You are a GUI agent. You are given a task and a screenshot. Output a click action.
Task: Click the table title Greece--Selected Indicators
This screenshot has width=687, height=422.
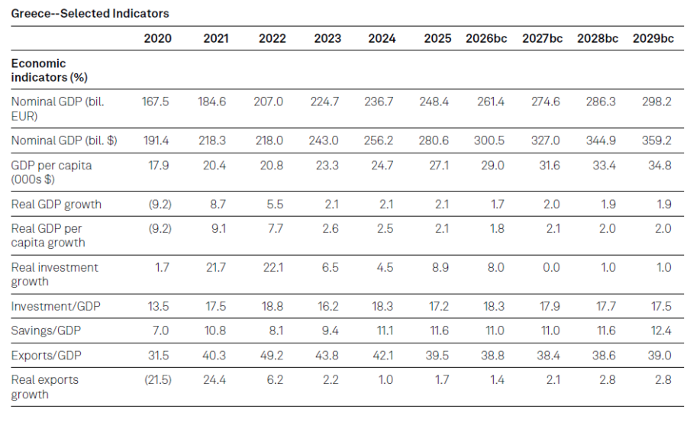(x=90, y=13)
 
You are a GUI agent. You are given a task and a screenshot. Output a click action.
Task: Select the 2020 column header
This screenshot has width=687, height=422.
(x=158, y=38)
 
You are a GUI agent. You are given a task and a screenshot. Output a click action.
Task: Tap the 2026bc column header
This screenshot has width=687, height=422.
(x=485, y=38)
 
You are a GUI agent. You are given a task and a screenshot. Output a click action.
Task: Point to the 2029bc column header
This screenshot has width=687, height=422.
(x=653, y=38)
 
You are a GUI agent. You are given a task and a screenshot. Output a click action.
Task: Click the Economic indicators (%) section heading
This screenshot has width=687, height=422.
(x=49, y=70)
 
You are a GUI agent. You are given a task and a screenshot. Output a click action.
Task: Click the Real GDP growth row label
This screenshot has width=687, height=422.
(x=56, y=204)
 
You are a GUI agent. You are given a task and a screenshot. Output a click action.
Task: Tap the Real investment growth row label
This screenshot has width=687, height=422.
(x=54, y=274)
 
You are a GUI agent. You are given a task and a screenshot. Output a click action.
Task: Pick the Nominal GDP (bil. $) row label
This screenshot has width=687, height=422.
(x=65, y=140)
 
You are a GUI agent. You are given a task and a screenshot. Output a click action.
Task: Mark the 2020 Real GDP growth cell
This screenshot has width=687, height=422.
(x=158, y=204)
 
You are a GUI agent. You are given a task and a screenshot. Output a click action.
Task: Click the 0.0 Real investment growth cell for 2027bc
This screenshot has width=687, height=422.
(x=550, y=267)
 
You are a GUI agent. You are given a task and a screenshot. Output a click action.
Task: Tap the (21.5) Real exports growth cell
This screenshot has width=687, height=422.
(x=156, y=379)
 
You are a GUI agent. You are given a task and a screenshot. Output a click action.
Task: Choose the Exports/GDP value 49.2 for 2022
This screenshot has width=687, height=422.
(x=271, y=355)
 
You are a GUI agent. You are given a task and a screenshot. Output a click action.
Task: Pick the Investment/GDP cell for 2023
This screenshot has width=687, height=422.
(x=326, y=306)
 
